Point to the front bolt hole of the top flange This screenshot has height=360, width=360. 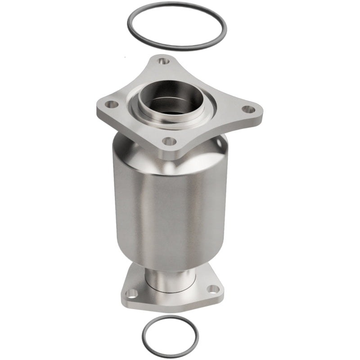click(169, 141)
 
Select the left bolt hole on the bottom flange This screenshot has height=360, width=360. click(131, 293)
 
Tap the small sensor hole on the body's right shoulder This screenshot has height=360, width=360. click(220, 142)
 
